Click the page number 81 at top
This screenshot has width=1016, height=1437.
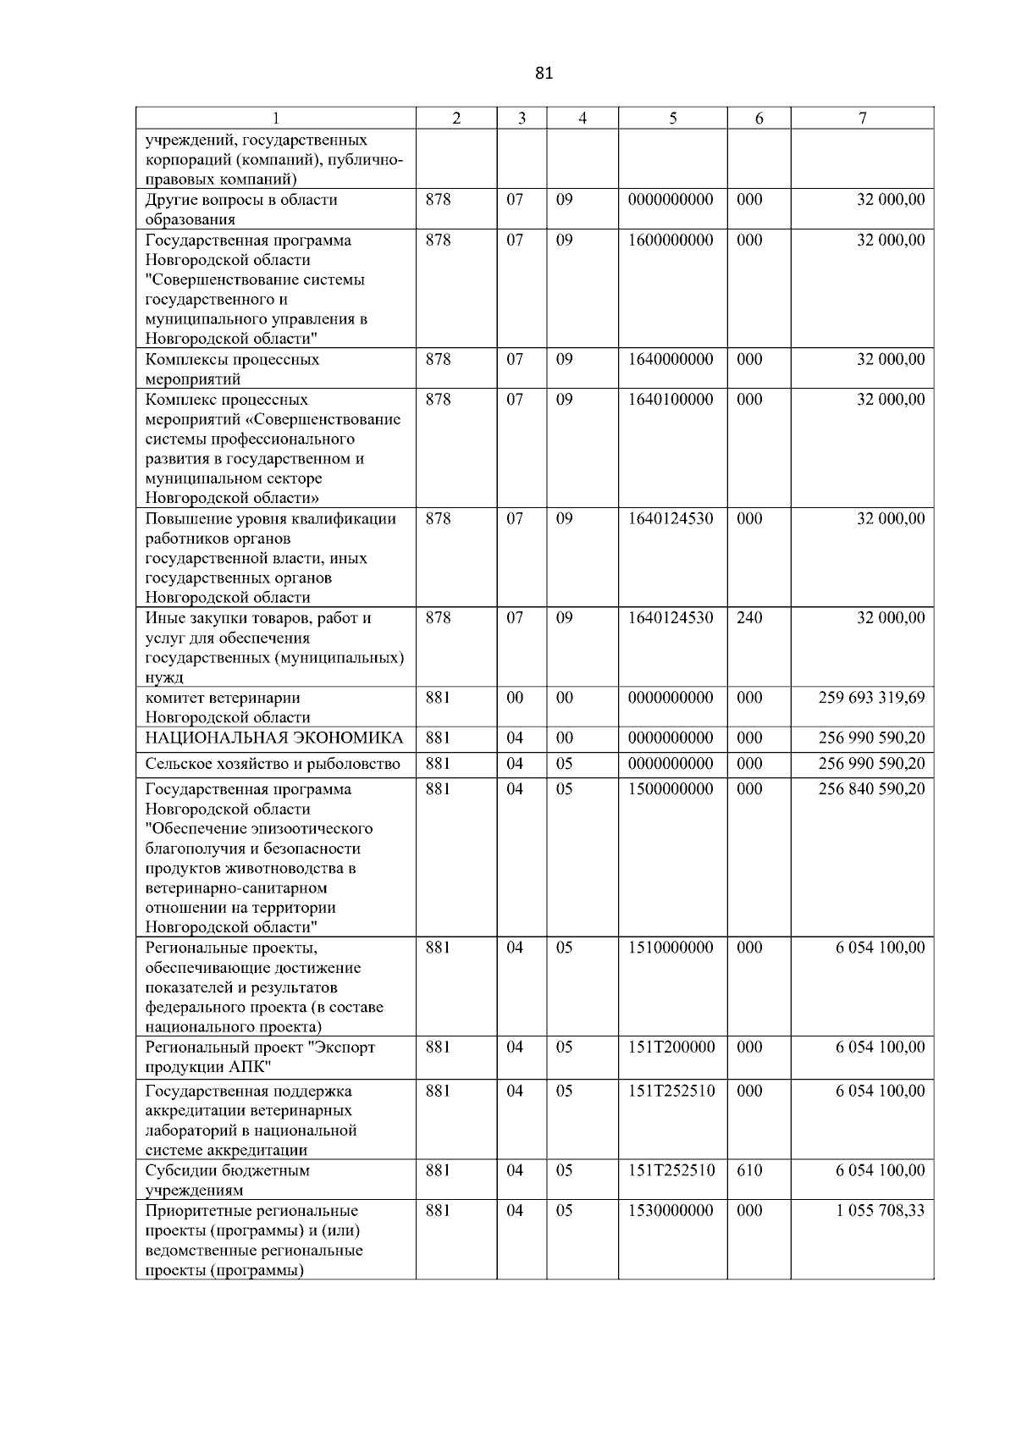coord(544,74)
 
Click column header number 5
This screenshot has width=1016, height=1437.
coord(672,119)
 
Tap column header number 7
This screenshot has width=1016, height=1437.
coord(862,119)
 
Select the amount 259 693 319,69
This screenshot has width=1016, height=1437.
coord(871,698)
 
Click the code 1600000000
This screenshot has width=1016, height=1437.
coord(671,240)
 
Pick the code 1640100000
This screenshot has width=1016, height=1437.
coord(671,400)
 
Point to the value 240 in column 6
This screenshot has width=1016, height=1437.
coord(749,618)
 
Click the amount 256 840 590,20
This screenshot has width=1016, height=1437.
coord(871,789)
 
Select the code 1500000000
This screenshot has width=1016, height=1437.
coord(671,789)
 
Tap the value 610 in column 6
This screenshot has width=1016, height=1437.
coord(749,1171)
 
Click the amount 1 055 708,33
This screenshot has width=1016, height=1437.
coord(880,1211)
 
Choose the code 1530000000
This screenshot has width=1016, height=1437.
coord(671,1211)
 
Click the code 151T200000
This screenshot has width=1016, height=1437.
coord(671,1047)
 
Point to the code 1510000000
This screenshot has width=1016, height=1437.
coord(671,948)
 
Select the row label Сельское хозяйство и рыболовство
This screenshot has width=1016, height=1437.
coord(273,765)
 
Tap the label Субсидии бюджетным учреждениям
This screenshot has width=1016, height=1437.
coord(228,1180)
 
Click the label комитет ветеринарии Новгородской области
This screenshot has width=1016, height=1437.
coord(228,708)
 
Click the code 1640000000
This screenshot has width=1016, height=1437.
coord(671,360)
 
